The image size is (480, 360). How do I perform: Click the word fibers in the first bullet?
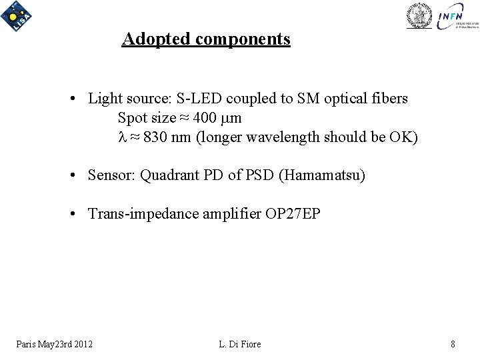point(391,99)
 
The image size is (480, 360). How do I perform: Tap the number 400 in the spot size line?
point(206,119)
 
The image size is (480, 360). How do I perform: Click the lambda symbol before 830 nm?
point(121,138)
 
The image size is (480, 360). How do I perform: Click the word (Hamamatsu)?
point(323,177)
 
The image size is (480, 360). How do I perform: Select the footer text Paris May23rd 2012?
point(55,344)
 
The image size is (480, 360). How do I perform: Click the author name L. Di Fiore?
point(239,344)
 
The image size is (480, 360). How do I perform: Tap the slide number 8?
point(453,344)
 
